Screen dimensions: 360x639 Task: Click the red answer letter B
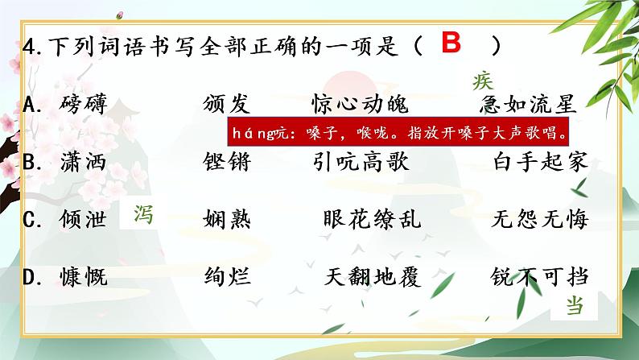(451, 43)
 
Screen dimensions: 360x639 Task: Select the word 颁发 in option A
(228, 104)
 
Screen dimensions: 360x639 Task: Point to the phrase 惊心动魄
(360, 104)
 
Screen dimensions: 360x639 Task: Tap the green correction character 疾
(483, 81)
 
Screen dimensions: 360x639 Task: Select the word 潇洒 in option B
(83, 162)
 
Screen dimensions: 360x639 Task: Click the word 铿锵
(228, 162)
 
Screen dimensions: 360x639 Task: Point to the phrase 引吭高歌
(360, 162)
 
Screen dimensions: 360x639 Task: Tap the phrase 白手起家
(540, 162)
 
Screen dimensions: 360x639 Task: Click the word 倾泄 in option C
(83, 219)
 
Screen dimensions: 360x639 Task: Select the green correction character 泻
(142, 214)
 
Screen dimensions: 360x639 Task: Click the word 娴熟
(228, 219)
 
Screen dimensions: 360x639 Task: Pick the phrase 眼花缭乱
(371, 219)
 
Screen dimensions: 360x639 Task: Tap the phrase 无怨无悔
(540, 219)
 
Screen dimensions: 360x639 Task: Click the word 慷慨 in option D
(83, 278)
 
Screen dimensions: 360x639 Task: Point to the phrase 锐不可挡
(540, 278)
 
